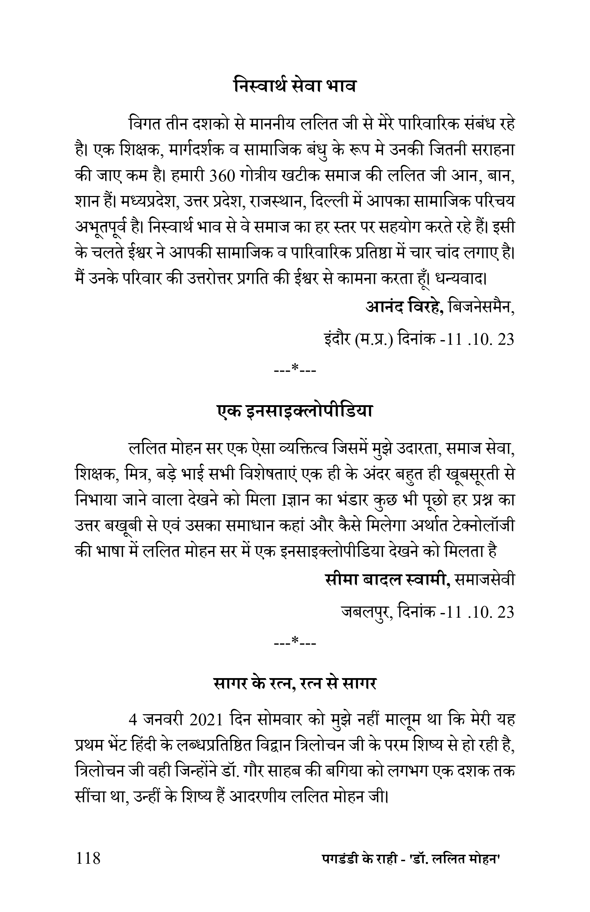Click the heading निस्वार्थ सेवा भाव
coord(295,85)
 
